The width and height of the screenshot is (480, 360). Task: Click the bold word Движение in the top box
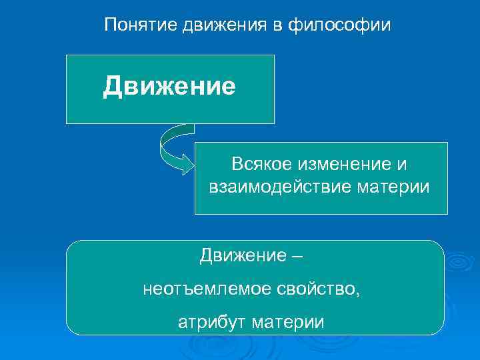(169, 87)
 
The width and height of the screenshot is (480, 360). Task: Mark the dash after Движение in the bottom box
(296, 256)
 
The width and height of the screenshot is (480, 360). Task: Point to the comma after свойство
(359, 293)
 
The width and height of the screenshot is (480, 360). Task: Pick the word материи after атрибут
(289, 323)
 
